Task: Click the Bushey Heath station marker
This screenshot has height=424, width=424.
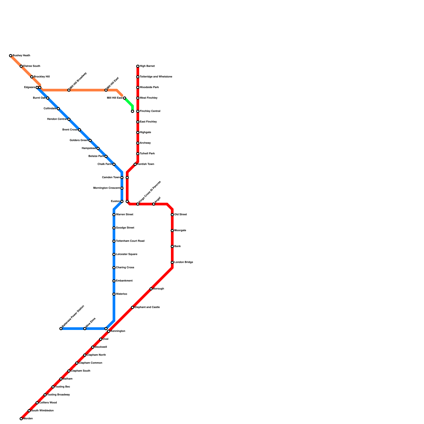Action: pos(11,56)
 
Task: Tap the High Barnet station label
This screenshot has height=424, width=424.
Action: pos(147,66)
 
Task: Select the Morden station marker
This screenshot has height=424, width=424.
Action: pos(21,419)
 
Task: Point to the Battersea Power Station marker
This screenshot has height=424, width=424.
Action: pos(61,329)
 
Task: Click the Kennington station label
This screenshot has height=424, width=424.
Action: pos(118,331)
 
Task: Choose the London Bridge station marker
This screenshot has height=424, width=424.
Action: pos(172,262)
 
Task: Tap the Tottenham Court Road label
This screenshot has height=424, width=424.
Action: pos(130,241)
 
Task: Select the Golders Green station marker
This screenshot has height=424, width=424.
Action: pos(90,140)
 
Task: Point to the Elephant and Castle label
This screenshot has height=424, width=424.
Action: pos(147,307)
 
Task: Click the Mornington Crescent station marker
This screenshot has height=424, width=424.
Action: pos(122,188)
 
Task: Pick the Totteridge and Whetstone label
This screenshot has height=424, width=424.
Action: pos(156,77)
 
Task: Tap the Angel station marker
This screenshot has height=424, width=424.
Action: pos(154,204)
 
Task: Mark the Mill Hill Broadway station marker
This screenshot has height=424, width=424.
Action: pos(69,90)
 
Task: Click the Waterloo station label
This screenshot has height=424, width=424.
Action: pos(121,294)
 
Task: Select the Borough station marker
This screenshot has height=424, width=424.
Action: pos(151,289)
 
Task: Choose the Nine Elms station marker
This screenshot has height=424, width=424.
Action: pos(85,329)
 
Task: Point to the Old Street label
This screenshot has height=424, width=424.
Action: pos(180,215)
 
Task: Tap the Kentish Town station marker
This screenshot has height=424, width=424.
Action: pos(135,164)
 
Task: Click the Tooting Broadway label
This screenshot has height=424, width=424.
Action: pos(58,395)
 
